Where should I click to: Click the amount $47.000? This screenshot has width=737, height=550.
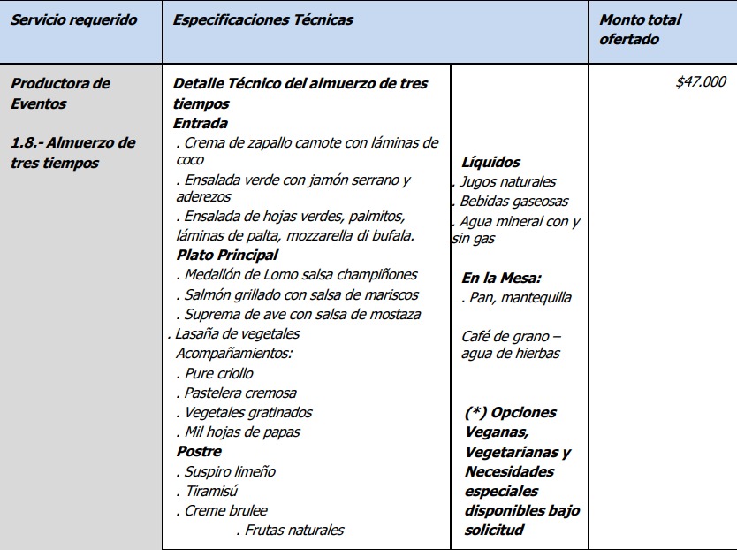point(701,82)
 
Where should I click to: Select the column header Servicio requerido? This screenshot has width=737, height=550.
point(73,20)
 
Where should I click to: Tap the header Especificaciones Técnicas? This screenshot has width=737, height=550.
point(263,20)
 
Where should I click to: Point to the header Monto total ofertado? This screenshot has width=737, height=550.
point(641,29)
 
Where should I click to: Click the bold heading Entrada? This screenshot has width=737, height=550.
point(201,124)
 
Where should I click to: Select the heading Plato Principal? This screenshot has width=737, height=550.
point(227,256)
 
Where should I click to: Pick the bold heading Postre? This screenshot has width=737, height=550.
point(199,452)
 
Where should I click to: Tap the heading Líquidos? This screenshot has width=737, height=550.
point(490,163)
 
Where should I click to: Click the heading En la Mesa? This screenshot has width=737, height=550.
point(502,279)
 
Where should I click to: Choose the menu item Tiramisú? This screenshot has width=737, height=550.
point(211,491)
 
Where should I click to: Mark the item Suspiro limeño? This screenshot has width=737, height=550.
point(230,471)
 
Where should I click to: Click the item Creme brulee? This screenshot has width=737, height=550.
point(225,510)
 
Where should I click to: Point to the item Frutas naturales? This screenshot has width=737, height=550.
point(294,530)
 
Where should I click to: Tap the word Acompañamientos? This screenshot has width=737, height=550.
point(233,354)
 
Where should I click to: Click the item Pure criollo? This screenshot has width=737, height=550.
point(218,373)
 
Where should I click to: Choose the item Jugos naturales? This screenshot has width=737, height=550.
point(507,182)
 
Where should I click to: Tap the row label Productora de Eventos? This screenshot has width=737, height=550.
point(60,93)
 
